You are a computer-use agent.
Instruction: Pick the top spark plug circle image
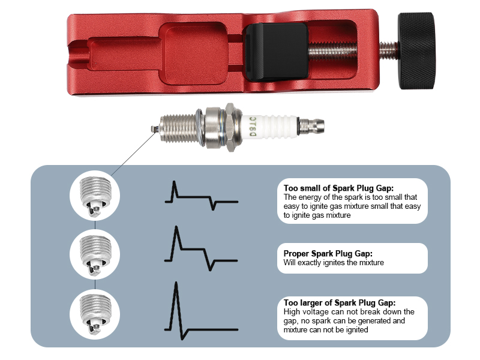[96, 196]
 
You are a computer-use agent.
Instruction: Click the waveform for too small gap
[200, 196]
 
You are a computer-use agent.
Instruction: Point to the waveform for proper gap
[200, 250]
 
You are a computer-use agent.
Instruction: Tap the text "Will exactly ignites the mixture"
[334, 263]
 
